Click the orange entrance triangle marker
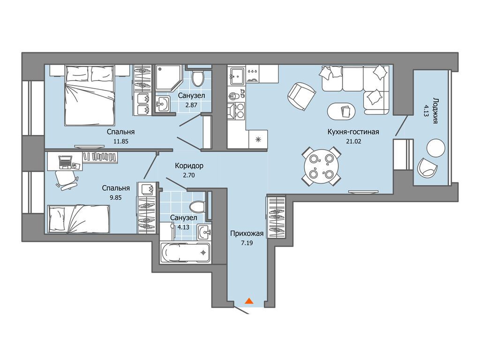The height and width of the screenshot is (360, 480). coord(249,301)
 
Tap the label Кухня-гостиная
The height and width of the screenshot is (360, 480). coord(353,132)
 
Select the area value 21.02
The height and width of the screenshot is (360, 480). coord(353,142)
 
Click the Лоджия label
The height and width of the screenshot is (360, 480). coord(435,111)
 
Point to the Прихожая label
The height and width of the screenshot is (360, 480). coord(247,234)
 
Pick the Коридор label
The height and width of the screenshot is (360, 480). coord(189,166)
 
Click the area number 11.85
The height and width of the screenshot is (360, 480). coord(120,142)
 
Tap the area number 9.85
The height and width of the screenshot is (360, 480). coord(116,197)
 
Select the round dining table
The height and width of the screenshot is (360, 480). coord(321,167)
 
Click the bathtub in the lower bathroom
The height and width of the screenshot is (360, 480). coord(185,253)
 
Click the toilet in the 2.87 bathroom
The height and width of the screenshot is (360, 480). coord(198,77)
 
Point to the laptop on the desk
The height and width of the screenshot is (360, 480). coord(66,162)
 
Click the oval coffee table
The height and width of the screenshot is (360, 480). coord(341,110)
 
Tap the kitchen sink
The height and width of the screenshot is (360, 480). coord(237,75)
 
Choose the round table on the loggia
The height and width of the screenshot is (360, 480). coord(435,148)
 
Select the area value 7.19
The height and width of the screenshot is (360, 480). coord(247,243)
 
